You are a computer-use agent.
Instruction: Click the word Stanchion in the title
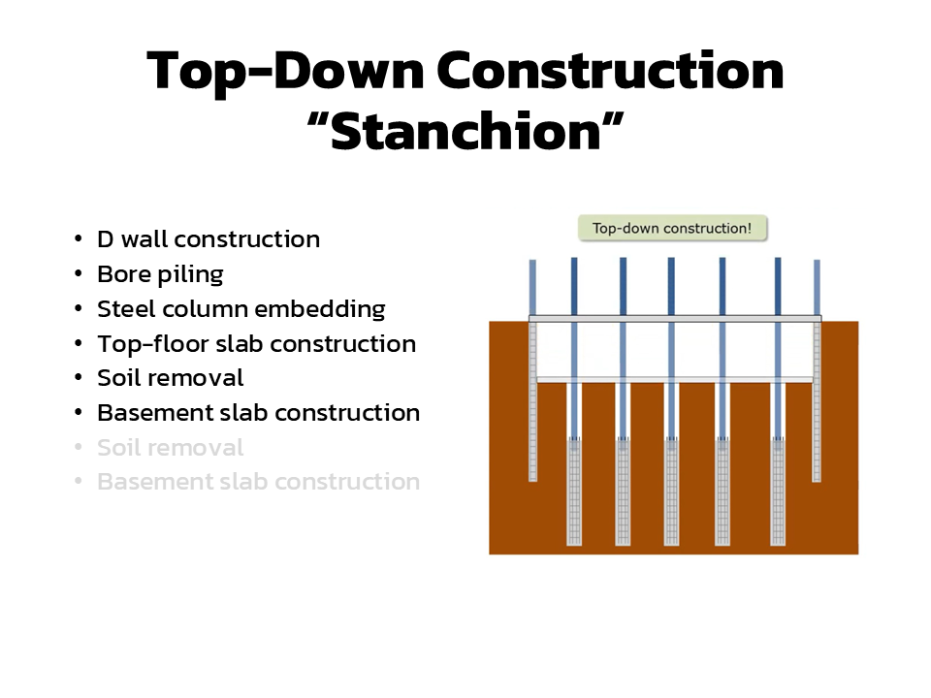(465, 132)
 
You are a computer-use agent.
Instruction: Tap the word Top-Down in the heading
(285, 73)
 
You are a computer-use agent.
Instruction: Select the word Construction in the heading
(610, 71)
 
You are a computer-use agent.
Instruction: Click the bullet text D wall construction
(209, 239)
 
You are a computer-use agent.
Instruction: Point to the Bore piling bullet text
(160, 274)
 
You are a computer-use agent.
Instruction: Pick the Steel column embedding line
(241, 309)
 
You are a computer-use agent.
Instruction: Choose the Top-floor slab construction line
(256, 344)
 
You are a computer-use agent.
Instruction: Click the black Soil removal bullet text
(171, 378)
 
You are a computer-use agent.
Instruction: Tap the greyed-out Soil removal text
(171, 448)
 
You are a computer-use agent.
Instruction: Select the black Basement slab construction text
(258, 413)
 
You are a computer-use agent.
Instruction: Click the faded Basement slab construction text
(258, 482)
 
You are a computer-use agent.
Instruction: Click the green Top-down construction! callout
(672, 229)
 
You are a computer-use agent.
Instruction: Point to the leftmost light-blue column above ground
(532, 287)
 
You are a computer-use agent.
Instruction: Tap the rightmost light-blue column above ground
(817, 287)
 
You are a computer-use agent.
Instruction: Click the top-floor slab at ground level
(675, 319)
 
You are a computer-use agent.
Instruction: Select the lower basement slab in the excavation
(675, 380)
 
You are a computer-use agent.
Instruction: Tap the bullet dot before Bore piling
(79, 274)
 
